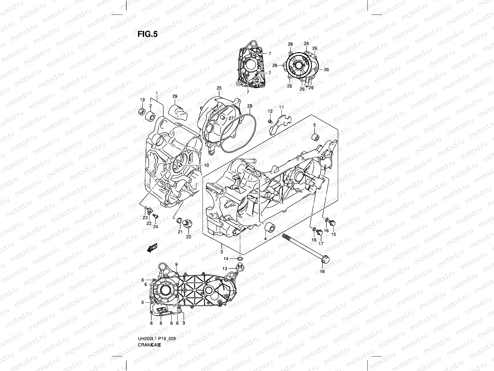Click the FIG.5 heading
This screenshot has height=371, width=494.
click(147, 34)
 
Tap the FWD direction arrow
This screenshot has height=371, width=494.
click(153, 247)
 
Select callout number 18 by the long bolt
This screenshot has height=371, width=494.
click(322, 272)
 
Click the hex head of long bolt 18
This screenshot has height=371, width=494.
click(325, 260)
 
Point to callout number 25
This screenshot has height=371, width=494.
click(219, 88)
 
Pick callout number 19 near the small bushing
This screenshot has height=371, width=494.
click(142, 100)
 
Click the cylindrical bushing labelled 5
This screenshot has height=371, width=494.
click(315, 137)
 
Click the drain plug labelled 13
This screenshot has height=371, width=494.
click(240, 267)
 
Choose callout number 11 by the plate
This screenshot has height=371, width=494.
click(281, 107)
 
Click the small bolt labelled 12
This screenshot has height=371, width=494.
click(270, 121)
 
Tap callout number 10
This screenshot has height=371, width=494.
click(206, 165)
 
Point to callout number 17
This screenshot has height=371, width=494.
click(321, 244)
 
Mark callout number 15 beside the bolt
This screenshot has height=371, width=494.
click(333, 234)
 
